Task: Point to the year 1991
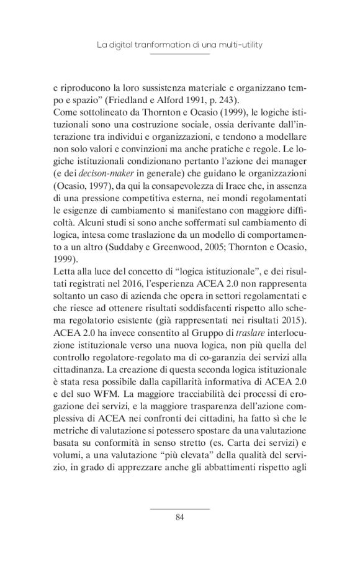pyautogui.click(x=185, y=100)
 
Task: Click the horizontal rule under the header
pyautogui.click(x=180, y=54)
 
